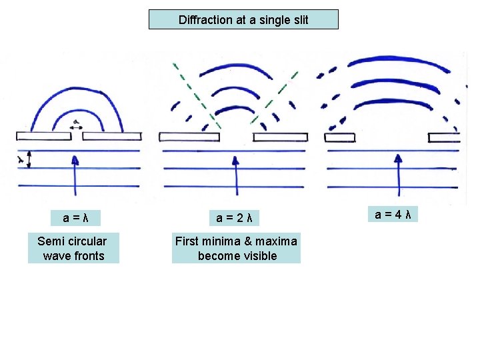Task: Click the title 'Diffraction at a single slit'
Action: [x=243, y=20]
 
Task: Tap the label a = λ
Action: [x=77, y=217]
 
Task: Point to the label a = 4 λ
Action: [x=392, y=214]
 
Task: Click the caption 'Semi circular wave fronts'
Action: [x=73, y=248]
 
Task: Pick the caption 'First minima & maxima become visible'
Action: [x=237, y=248]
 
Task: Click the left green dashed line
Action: [x=195, y=94]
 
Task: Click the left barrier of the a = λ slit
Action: [x=43, y=136]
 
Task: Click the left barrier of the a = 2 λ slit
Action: [x=189, y=137]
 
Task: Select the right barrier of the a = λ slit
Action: [x=111, y=136]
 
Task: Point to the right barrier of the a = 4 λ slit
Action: [x=444, y=137]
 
